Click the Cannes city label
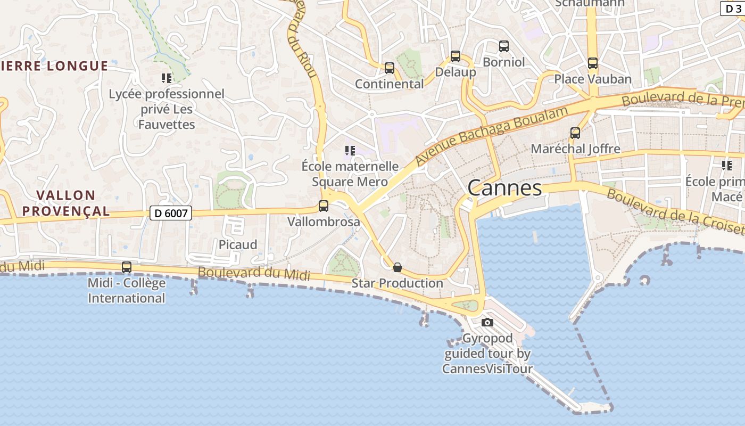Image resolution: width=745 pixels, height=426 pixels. coord(504,187)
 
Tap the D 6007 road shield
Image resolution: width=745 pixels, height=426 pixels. coord(170,213)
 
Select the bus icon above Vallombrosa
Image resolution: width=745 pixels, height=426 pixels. coord(324,206)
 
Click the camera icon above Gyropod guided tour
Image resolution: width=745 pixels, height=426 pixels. coord(487,322)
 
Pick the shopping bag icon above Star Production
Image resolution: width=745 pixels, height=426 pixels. coord(397,267)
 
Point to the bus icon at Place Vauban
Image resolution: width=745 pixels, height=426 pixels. coord(593,63)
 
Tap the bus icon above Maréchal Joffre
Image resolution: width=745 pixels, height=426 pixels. coord(575,133)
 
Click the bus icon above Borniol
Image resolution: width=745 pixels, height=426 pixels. coord(503,46)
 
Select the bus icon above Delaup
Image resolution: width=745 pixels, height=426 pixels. coord(456,56)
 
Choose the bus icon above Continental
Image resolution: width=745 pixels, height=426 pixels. coord(390,68)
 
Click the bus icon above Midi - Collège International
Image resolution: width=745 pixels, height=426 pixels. coord(127,267)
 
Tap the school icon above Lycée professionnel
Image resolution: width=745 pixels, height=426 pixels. coord(167,78)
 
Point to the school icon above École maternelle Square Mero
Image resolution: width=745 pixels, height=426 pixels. coord(350,151)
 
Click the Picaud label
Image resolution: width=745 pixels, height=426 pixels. coord(238,244)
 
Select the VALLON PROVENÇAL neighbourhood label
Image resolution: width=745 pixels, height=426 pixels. coord(67,203)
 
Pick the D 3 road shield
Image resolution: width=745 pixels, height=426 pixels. coord(732,9)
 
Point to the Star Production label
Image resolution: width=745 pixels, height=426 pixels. coord(397,283)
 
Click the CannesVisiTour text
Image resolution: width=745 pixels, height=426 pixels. coord(487,368)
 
